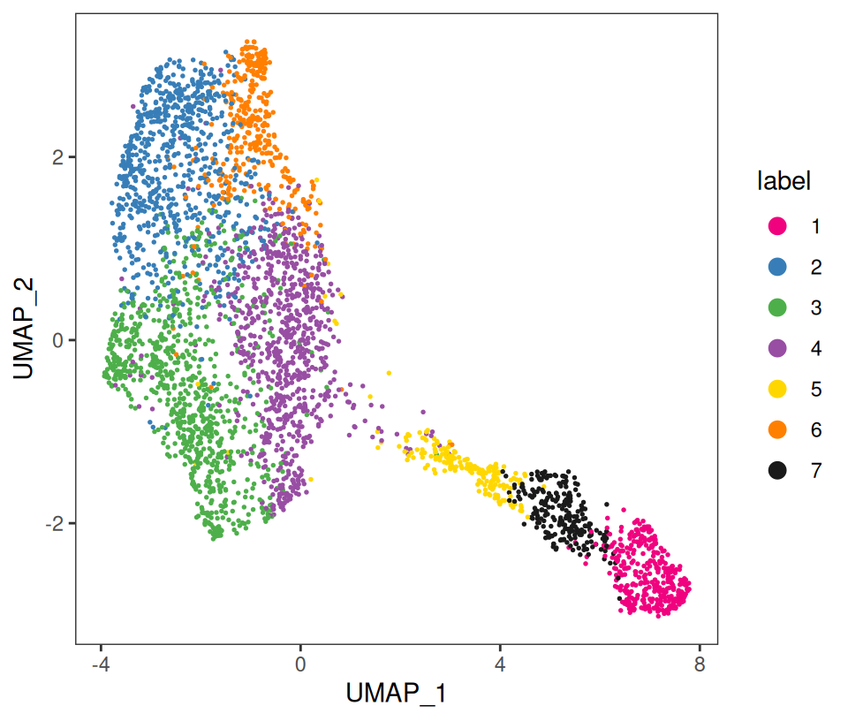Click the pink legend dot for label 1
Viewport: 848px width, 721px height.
coord(777,226)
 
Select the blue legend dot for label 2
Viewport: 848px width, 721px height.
coord(777,267)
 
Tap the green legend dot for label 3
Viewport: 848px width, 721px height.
coord(777,307)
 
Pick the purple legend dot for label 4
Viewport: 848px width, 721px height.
coord(777,348)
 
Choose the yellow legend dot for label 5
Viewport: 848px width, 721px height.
coord(777,389)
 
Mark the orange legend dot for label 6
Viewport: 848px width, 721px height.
coord(777,429)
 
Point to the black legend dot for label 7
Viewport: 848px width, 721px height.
coord(777,470)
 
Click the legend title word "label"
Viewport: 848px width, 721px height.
coord(784,182)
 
